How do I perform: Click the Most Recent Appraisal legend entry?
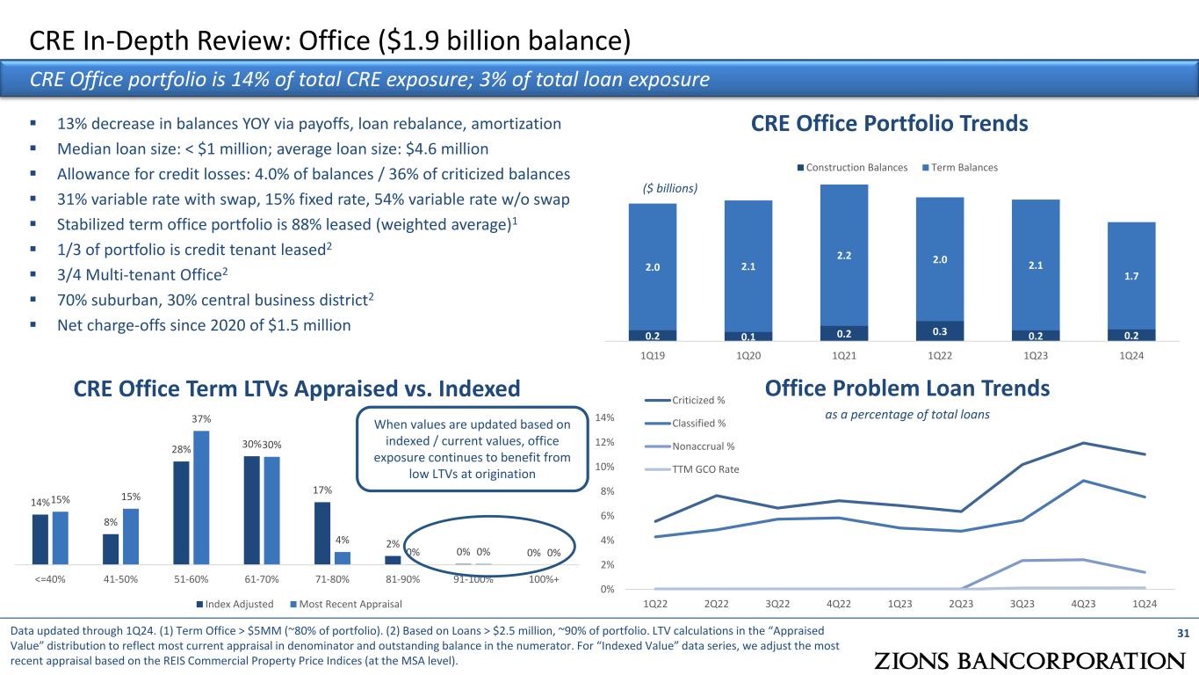point(350,604)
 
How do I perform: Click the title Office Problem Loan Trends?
point(907,388)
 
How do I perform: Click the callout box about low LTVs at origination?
point(472,449)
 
